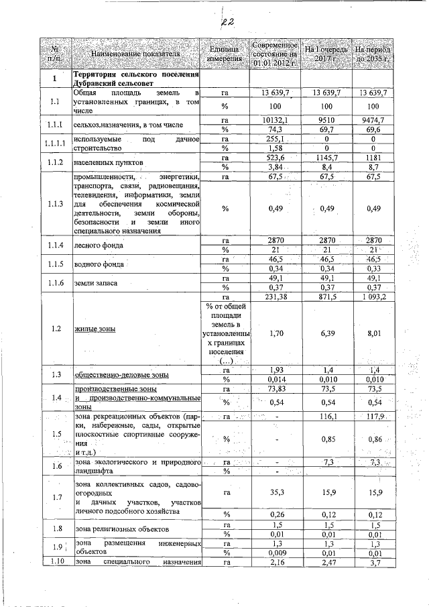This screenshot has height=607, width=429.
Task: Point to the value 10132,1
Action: [x=275, y=119]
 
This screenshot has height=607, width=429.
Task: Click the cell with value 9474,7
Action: [x=373, y=119]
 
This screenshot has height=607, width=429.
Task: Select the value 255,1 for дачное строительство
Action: [x=275, y=138]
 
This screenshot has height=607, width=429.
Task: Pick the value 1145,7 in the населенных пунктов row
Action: [x=324, y=157]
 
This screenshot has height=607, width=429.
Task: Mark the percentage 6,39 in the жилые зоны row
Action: [x=324, y=331]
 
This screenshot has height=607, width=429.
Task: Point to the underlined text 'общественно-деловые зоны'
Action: [x=121, y=374]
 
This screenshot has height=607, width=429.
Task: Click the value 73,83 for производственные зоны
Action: [x=275, y=388]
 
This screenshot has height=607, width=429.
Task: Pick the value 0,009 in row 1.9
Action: [x=275, y=553]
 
